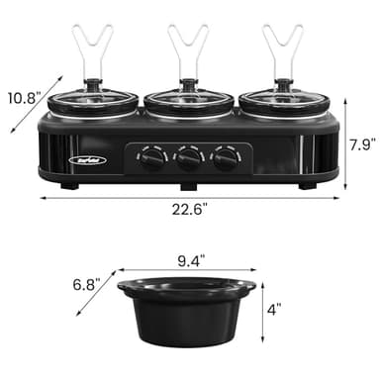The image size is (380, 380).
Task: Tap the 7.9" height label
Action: [363, 144]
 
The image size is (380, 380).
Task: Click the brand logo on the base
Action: [82, 154]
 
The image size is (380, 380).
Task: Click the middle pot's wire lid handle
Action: [188, 54]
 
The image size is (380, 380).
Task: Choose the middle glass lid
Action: [188, 102]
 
